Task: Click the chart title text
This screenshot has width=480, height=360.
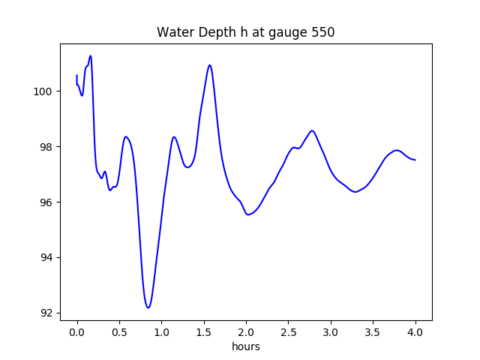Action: tap(245, 33)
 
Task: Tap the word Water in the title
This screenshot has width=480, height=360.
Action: tap(174, 33)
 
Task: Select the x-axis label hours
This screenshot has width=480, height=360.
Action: tap(245, 347)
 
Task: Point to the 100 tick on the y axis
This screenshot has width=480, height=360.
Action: tap(44, 91)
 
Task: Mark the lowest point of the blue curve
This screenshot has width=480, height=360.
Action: tap(148, 307)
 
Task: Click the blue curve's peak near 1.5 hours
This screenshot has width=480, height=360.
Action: tap(210, 65)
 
